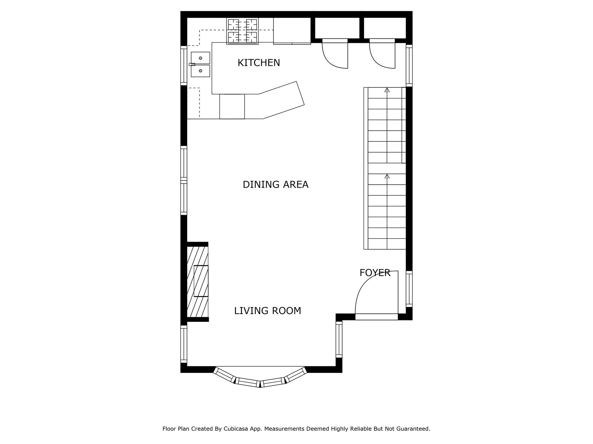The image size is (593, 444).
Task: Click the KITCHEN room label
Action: pyautogui.click(x=259, y=63)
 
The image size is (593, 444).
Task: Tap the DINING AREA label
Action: pyautogui.click(x=275, y=185)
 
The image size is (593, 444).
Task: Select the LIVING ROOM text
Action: pyautogui.click(x=268, y=311)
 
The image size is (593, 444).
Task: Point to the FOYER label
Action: pyautogui.click(x=375, y=273)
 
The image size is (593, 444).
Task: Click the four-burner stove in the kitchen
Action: pyautogui.click(x=242, y=31)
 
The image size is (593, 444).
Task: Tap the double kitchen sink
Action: pyautogui.click(x=200, y=64)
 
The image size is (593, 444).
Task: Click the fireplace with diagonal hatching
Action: pyautogui.click(x=198, y=282)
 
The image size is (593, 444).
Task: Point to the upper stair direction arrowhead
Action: pyautogui.click(x=387, y=90)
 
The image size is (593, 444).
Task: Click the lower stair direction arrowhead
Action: pyautogui.click(x=387, y=176)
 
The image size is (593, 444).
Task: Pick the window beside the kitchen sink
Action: pyautogui.click(x=184, y=66)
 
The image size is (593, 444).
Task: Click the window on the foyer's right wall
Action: pyautogui.click(x=409, y=289)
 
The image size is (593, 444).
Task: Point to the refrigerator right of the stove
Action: pyautogui.click(x=292, y=31)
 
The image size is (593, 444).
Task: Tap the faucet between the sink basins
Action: pyautogui.click(x=192, y=64)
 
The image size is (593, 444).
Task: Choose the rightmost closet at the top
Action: pyautogui.click(x=385, y=28)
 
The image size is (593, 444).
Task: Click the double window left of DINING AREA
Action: pyautogui.click(x=184, y=180)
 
